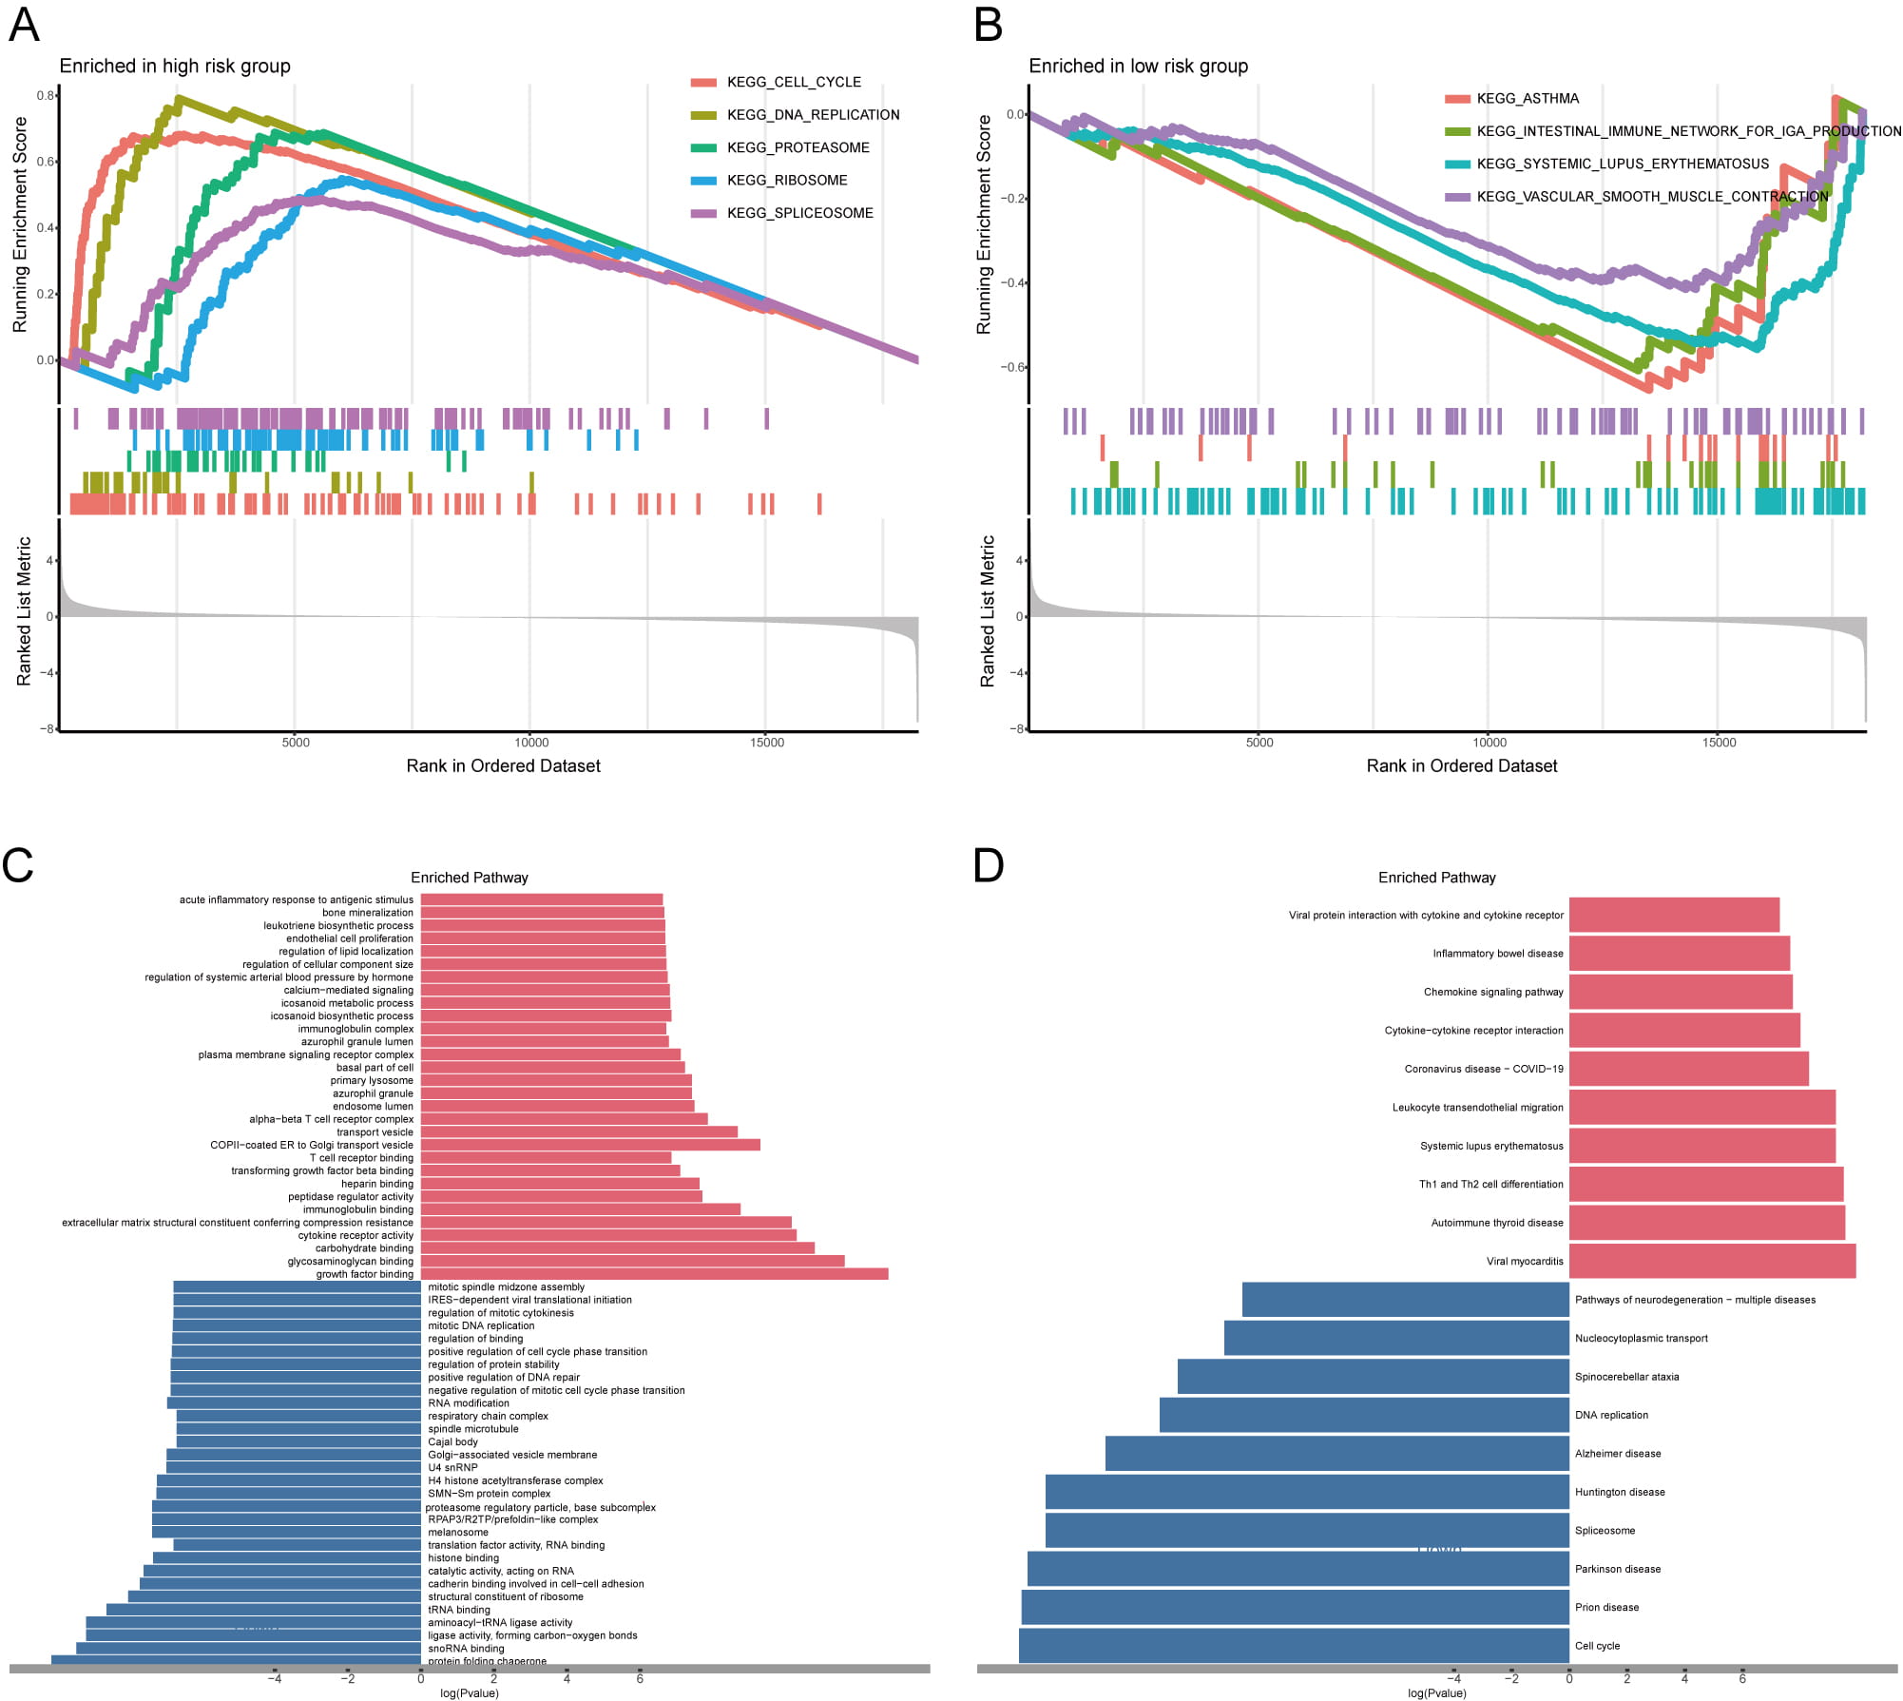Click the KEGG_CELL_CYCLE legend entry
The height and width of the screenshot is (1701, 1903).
point(793,83)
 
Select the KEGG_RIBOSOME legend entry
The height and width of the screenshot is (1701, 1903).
point(786,181)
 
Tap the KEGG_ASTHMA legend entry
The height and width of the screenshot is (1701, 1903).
point(1527,99)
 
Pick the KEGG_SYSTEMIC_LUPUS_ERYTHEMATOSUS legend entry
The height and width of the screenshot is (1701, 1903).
point(1622,164)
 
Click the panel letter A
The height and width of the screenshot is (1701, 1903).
point(24,25)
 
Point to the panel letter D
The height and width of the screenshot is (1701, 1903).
point(989,865)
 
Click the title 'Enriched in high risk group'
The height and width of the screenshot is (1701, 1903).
point(175,67)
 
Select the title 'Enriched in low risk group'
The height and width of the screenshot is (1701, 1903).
point(1138,67)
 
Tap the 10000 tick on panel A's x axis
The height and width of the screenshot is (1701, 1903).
point(531,743)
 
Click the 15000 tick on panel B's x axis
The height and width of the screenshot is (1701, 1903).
point(1719,743)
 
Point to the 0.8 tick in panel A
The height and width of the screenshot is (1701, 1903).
point(46,96)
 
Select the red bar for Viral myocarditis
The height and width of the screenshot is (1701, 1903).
point(1712,1261)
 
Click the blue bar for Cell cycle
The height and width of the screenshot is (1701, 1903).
point(1294,1646)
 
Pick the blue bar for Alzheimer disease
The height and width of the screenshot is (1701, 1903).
point(1336,1454)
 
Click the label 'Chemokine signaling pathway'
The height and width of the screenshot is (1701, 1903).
point(1492,992)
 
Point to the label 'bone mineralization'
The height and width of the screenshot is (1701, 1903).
point(367,913)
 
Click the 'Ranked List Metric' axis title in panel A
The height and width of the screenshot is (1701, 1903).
point(25,611)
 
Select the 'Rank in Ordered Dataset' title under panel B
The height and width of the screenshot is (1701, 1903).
point(1461,766)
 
